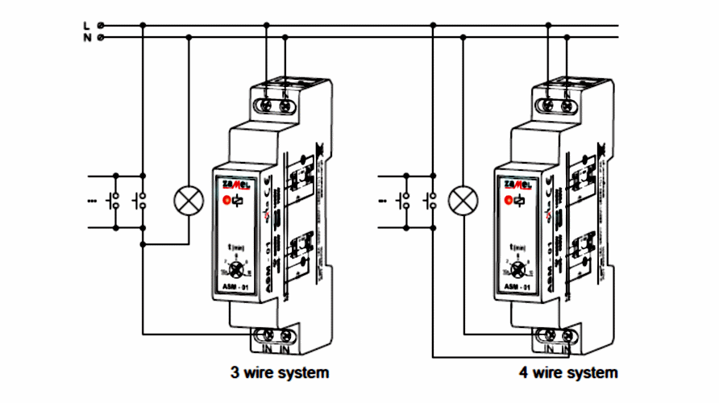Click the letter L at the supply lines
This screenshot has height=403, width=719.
86,25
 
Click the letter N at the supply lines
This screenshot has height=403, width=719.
86,36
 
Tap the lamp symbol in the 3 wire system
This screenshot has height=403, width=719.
189,200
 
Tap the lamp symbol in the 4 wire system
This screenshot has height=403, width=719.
462,200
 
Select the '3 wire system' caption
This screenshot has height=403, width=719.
280,373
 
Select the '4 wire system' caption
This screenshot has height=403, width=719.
568,373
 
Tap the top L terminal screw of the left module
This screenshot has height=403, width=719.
267,104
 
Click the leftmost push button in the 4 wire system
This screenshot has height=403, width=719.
404,201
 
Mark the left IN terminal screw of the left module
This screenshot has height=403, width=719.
266,335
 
